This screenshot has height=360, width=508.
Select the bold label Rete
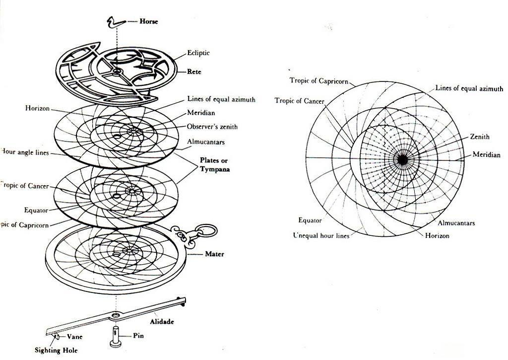195,72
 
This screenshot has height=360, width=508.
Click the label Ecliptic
198,53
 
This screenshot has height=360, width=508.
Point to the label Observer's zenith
212,127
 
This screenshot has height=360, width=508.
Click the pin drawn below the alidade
114,336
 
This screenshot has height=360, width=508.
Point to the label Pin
139,336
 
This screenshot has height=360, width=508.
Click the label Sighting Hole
56,351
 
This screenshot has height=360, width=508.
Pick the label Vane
74,336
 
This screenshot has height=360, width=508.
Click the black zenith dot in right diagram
402,160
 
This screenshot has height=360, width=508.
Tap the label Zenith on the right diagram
480,137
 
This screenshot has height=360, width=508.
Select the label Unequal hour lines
321,236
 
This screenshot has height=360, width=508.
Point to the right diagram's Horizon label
437,235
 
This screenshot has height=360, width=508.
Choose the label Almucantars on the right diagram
456,223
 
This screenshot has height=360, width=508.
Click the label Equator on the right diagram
310,220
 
